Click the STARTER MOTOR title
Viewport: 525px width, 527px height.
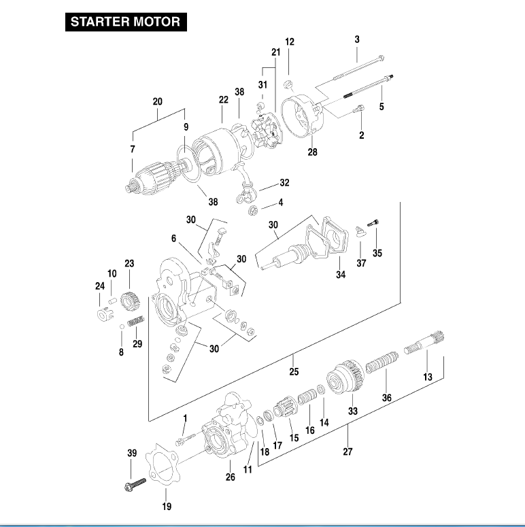125,21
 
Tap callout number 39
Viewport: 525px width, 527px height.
131,453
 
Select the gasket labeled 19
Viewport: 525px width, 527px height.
163,469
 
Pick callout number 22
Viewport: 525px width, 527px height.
224,99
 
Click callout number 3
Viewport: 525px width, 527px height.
357,39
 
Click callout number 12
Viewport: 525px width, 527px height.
290,41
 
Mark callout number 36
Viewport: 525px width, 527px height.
387,398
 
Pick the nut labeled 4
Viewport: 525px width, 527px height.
253,209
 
